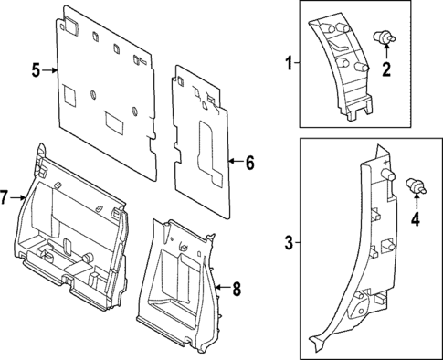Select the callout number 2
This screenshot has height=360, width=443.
385,69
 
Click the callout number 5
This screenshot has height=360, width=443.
35,69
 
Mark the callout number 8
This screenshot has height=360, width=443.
236,290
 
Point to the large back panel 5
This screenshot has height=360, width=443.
110,91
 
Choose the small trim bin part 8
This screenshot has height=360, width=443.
178,283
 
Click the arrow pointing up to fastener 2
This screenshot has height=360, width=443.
385,55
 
